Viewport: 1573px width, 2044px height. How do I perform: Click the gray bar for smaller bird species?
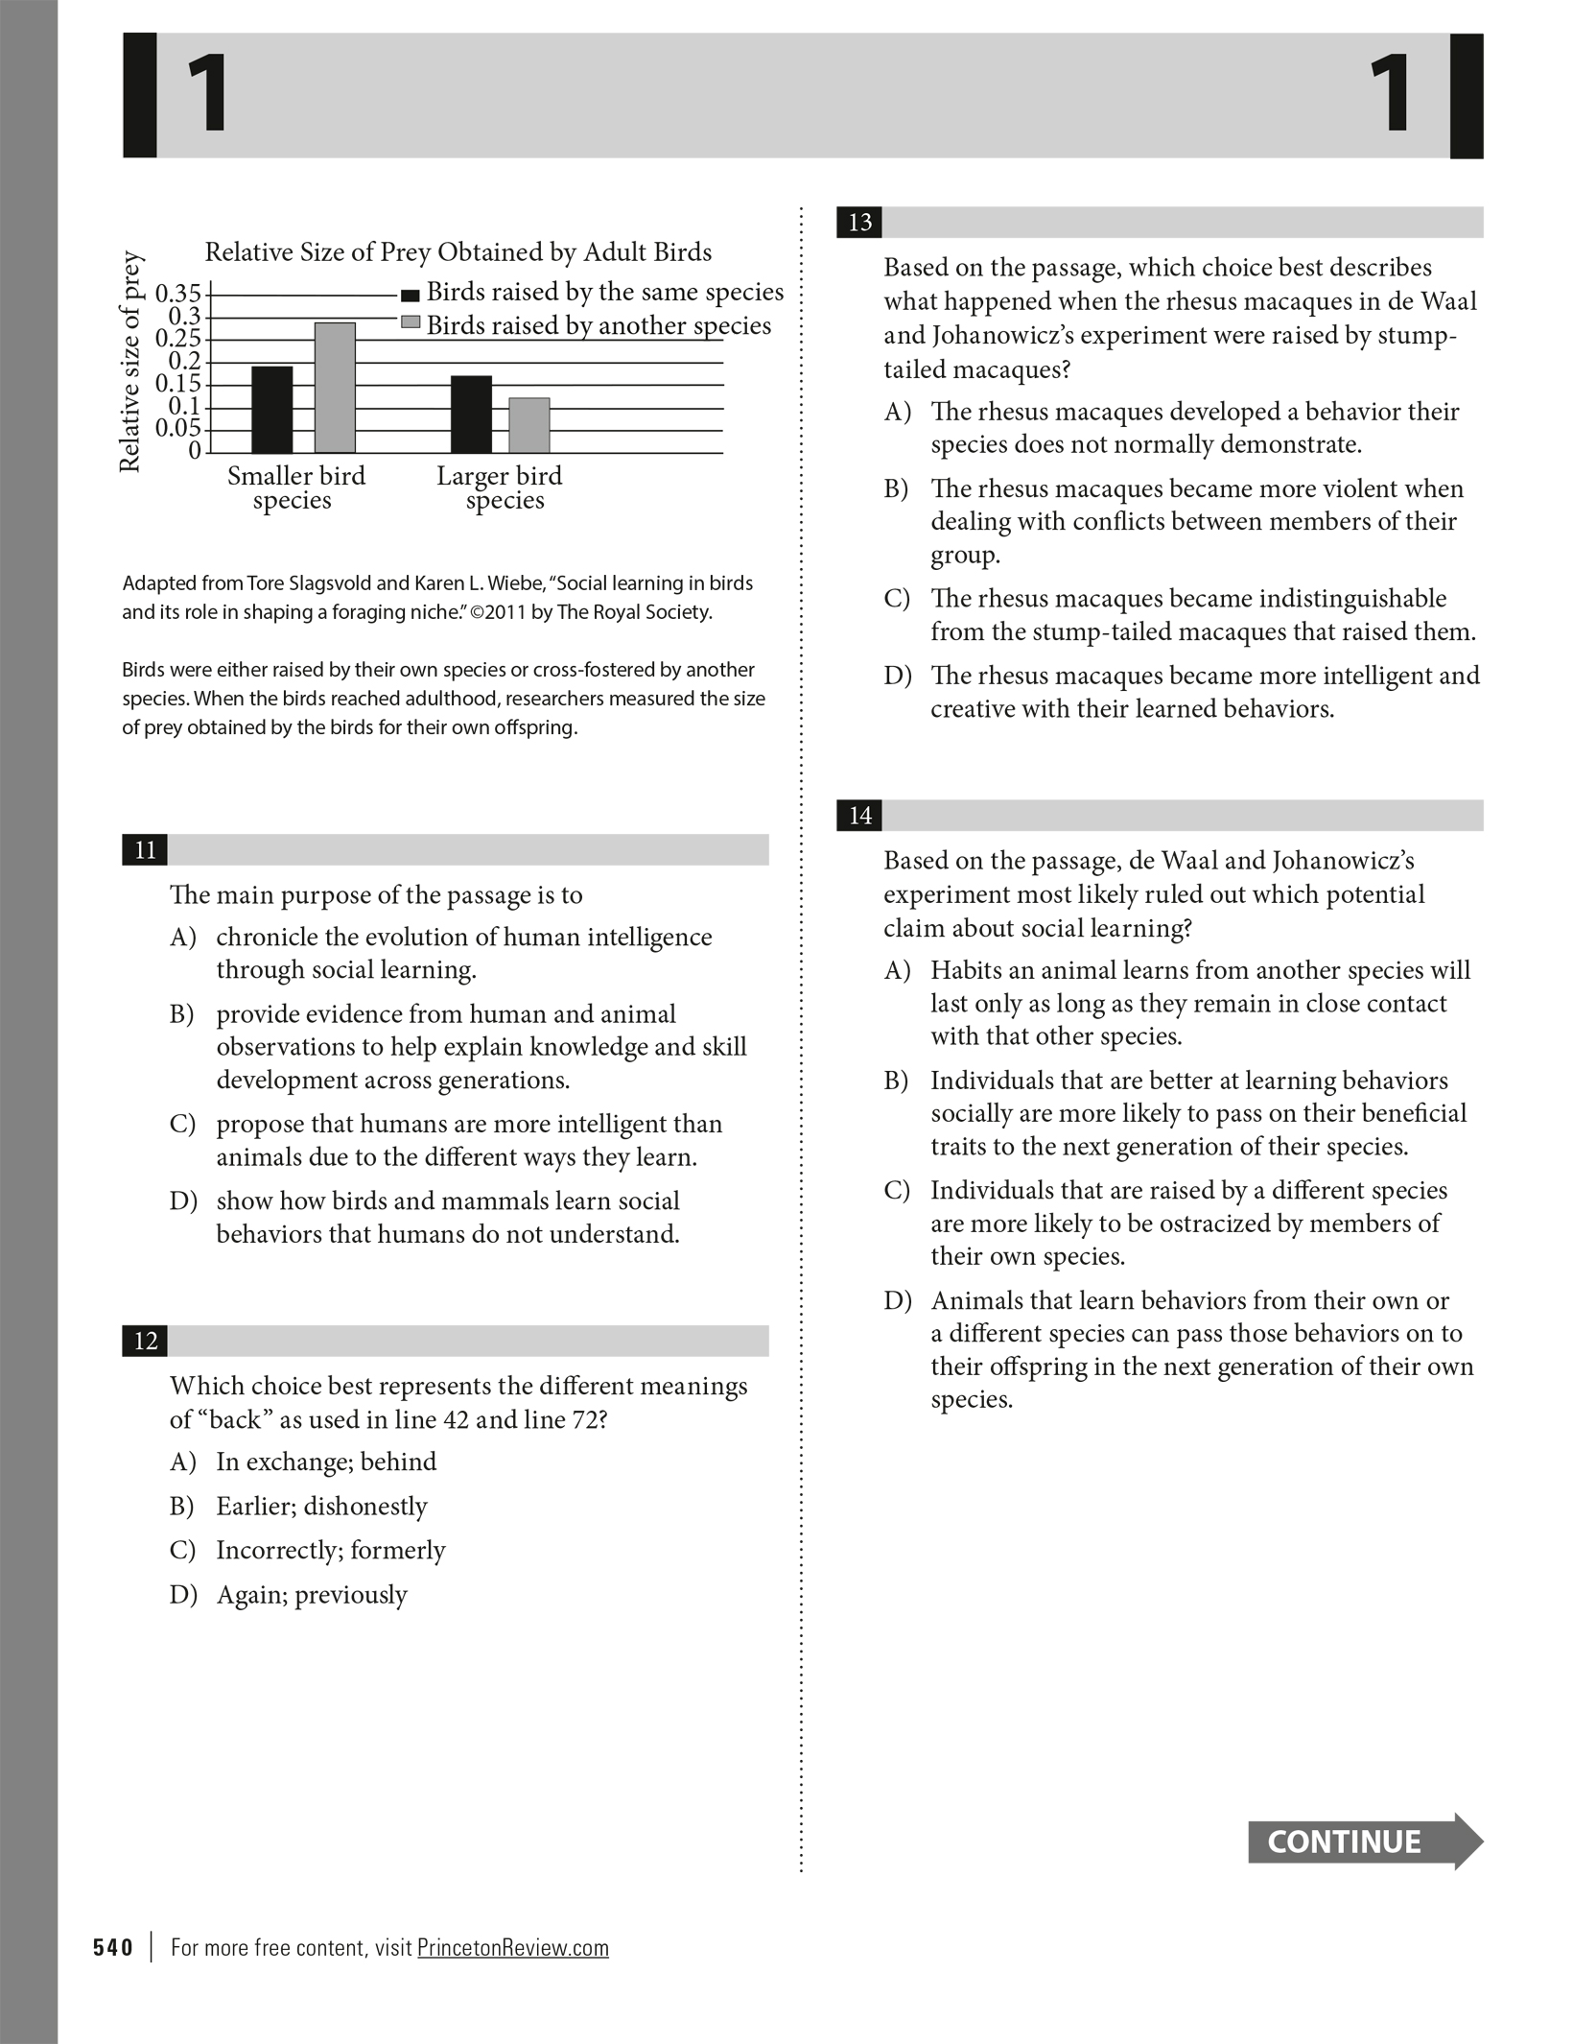(x=335, y=388)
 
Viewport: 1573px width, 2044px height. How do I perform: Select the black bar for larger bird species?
(x=471, y=415)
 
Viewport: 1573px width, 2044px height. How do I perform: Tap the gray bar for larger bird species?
(x=529, y=425)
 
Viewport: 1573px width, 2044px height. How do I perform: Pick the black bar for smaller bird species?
(x=272, y=410)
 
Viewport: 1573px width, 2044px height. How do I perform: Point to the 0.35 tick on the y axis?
(x=179, y=293)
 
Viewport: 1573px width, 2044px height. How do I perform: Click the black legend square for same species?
(x=411, y=295)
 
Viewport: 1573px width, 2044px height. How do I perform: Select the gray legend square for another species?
(x=411, y=323)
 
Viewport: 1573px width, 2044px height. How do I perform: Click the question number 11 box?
(x=145, y=850)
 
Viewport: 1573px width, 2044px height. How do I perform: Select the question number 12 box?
(x=145, y=1341)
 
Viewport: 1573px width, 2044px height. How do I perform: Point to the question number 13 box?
(x=859, y=223)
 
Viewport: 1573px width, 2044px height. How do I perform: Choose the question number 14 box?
(x=859, y=816)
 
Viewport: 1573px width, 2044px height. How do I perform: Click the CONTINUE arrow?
(x=1364, y=1842)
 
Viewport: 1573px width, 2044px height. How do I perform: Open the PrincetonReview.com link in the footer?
(x=513, y=1947)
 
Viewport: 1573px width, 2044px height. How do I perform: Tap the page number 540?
(x=113, y=1947)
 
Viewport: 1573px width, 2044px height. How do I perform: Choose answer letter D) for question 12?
(x=183, y=1595)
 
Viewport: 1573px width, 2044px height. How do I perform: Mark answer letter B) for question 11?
(x=182, y=1014)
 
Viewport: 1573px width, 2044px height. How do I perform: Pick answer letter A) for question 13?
(x=897, y=412)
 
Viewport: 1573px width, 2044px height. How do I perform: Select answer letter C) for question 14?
(x=897, y=1191)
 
